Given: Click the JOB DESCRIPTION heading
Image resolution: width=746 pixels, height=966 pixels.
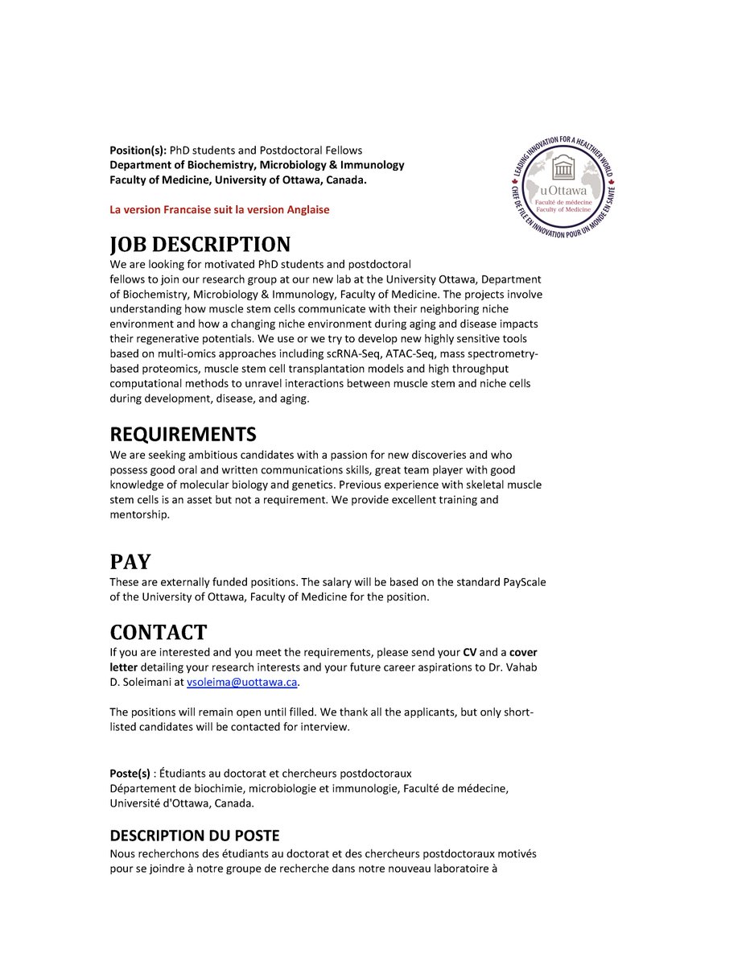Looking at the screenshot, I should (200, 244).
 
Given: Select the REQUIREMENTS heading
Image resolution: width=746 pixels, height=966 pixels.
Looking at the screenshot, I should (183, 435).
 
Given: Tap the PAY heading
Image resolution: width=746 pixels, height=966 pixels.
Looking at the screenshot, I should (130, 561).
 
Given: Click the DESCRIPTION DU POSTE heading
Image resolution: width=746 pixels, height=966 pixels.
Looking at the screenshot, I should (195, 836).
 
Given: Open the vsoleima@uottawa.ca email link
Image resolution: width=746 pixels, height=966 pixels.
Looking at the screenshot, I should (242, 682).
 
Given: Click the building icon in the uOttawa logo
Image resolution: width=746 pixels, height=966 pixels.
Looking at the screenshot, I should (568, 172).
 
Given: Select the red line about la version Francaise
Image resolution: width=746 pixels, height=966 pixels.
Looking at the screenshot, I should (220, 209).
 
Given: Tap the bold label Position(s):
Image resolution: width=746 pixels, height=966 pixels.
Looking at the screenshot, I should (138, 151).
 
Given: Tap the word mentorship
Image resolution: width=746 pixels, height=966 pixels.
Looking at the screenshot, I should (139, 514).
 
